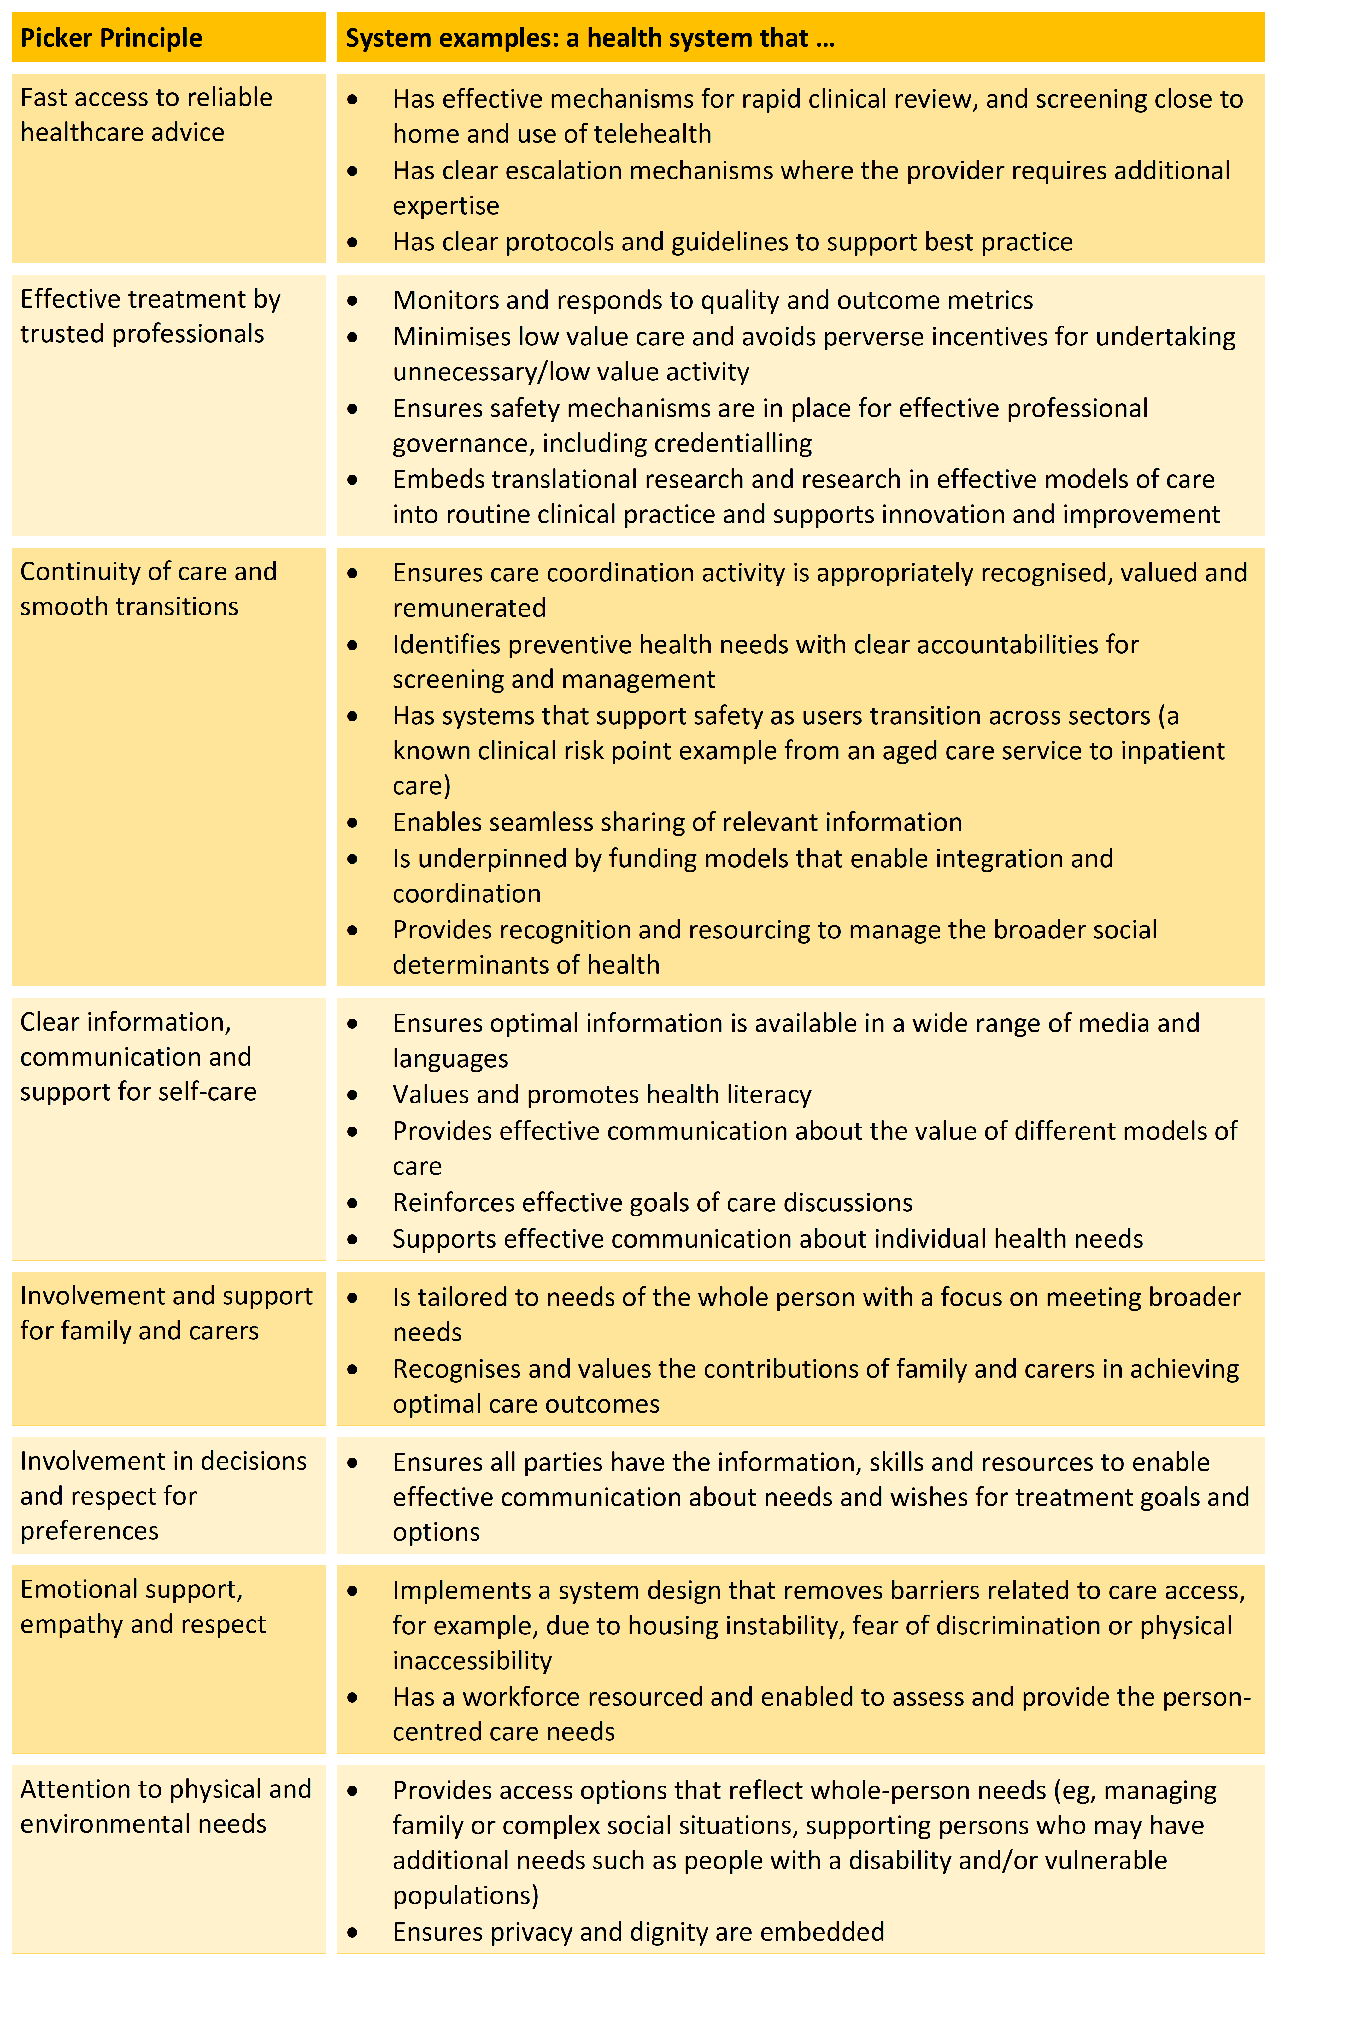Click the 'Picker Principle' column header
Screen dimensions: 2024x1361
[111, 38]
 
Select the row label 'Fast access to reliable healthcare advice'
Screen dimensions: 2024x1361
[146, 115]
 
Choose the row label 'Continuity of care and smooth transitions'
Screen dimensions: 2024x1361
[148, 588]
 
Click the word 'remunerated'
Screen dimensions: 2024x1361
[469, 608]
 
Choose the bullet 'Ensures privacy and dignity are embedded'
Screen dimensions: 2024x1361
[638, 1932]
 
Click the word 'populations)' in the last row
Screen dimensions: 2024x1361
[465, 1896]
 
